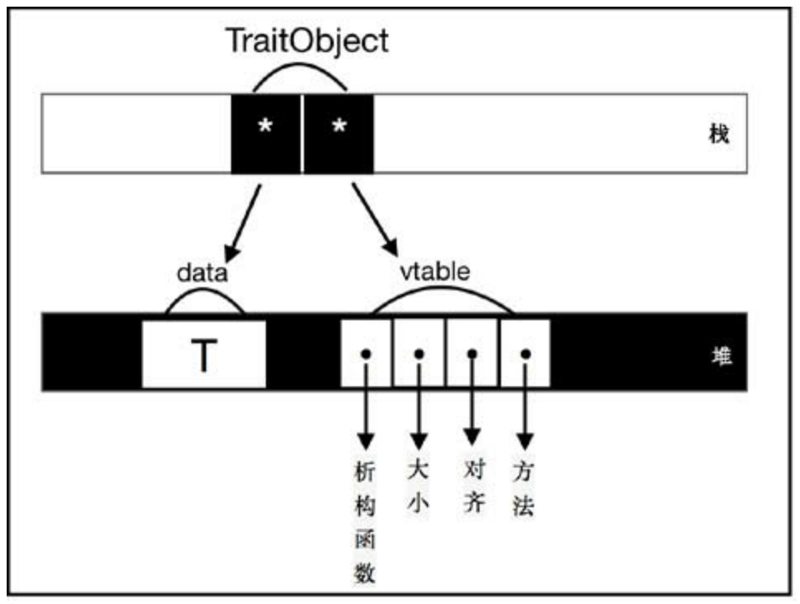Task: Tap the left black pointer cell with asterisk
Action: (x=266, y=132)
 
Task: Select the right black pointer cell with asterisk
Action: (x=338, y=132)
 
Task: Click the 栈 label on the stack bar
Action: (x=718, y=134)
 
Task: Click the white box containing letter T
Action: (x=204, y=354)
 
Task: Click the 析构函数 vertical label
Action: (x=364, y=521)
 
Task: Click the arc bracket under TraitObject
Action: (x=300, y=70)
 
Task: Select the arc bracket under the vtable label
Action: (x=441, y=297)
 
